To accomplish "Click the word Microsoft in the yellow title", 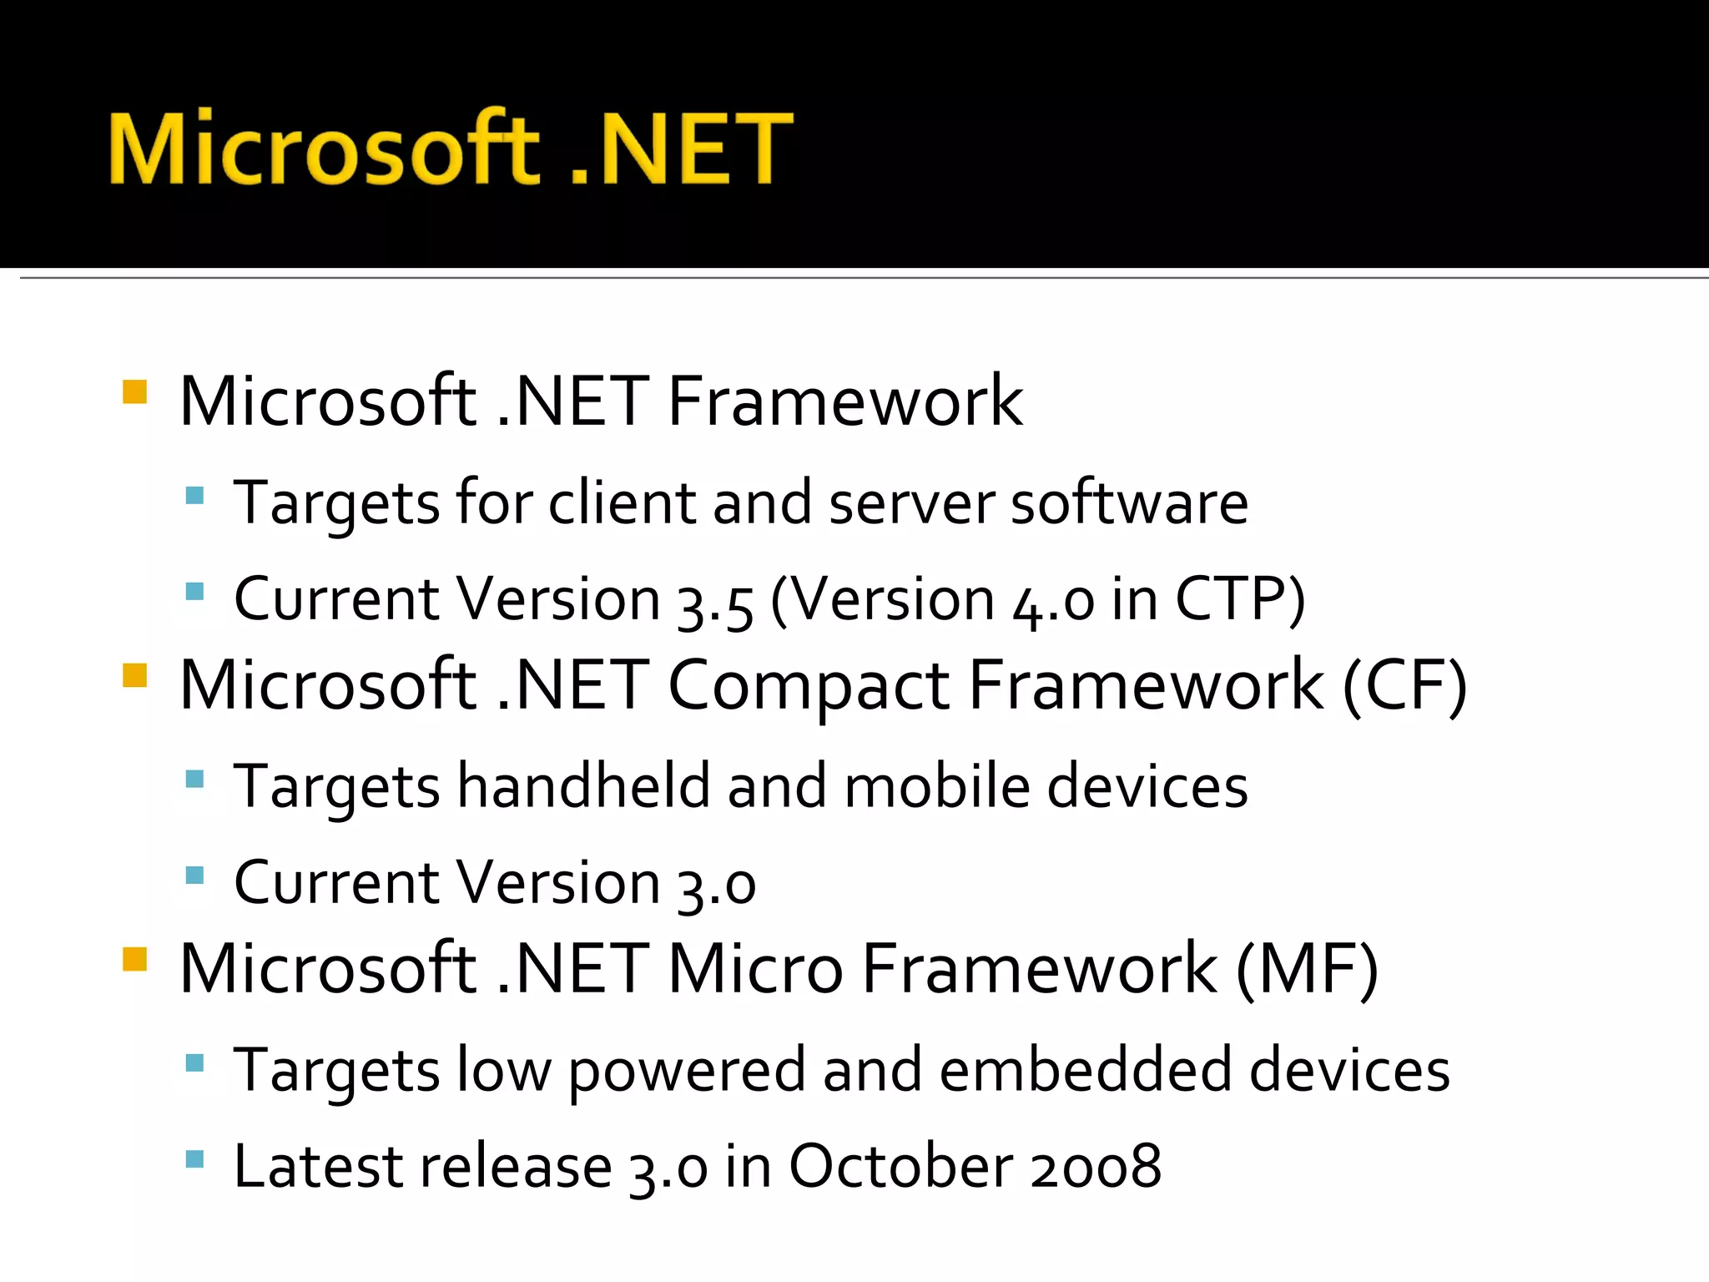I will point(324,149).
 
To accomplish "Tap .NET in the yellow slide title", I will point(680,149).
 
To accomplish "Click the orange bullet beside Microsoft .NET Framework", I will point(134,391).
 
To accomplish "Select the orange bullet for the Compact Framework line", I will point(134,674).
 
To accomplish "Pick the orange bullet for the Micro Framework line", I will point(134,959).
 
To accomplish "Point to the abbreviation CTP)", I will point(1239,601).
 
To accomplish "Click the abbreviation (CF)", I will point(1404,686).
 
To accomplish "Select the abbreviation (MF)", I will point(1307,970).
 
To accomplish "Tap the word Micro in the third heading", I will point(755,970).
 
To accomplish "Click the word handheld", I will point(583,786).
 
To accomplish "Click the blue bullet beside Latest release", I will point(194,1158).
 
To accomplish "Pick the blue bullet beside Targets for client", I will point(194,496).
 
